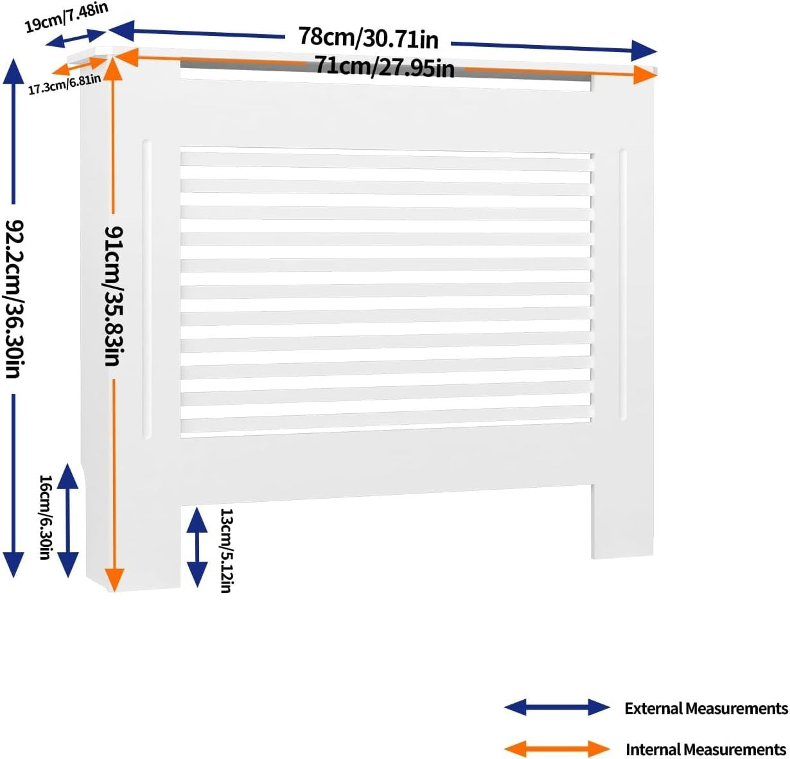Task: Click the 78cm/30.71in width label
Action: click(x=368, y=38)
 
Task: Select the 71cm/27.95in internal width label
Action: click(x=385, y=67)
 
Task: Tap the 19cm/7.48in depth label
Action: click(x=66, y=18)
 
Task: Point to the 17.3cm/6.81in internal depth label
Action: click(x=64, y=85)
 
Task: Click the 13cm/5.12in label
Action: click(x=226, y=551)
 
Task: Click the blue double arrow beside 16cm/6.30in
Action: click(x=67, y=520)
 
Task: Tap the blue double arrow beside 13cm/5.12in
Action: click(x=197, y=548)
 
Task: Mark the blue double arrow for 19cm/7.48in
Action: click(x=76, y=38)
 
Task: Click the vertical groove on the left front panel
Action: click(x=146, y=289)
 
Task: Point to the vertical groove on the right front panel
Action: click(x=623, y=285)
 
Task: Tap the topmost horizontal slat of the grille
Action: click(x=385, y=161)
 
